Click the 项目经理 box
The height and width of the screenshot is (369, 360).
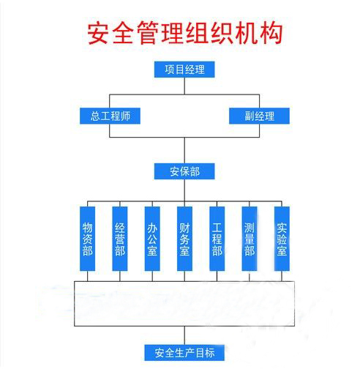click(184, 70)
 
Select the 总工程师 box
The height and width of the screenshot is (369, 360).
click(110, 116)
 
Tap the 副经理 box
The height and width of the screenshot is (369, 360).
click(259, 116)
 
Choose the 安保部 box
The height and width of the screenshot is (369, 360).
click(184, 171)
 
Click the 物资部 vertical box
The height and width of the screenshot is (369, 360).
click(87, 239)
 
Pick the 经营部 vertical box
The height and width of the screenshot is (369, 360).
click(120, 239)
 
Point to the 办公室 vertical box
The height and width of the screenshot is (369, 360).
click(152, 239)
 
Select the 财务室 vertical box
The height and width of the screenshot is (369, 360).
click(184, 239)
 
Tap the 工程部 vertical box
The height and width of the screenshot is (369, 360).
click(217, 239)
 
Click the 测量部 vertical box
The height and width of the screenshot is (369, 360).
click(250, 239)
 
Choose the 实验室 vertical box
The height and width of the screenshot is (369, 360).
click(282, 239)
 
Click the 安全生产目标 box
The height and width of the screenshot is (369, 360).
click(184, 353)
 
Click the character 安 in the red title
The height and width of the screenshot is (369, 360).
click(98, 33)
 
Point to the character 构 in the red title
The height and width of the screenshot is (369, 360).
click(271, 33)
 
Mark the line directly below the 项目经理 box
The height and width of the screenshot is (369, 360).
click(184, 86)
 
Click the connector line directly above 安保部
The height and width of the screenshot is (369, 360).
click(184, 150)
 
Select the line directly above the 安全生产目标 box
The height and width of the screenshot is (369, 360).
click(184, 335)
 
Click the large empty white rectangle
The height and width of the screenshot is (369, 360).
click(184, 282)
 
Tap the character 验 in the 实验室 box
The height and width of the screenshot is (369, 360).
click(282, 239)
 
